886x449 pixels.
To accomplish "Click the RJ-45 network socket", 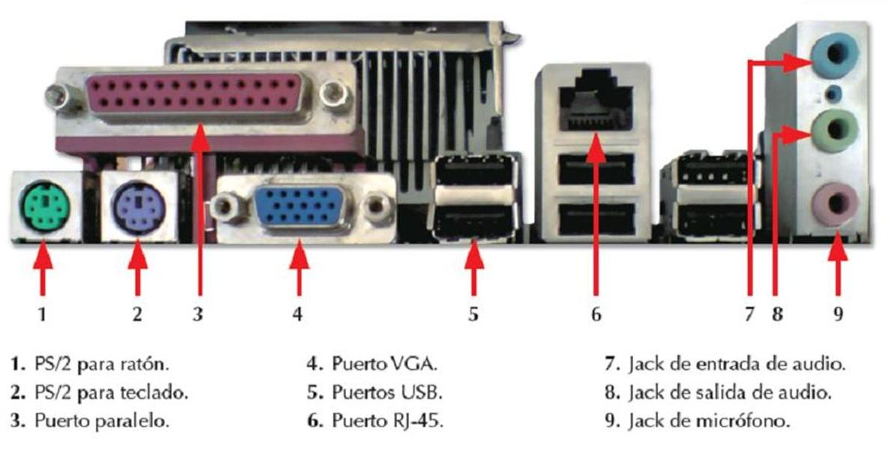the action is (595, 101).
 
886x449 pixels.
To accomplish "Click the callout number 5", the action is (473, 314).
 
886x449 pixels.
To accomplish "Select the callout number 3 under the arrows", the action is (197, 314).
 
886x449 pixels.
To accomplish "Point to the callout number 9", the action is (838, 314).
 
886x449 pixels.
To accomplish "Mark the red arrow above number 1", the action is (43, 267).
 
